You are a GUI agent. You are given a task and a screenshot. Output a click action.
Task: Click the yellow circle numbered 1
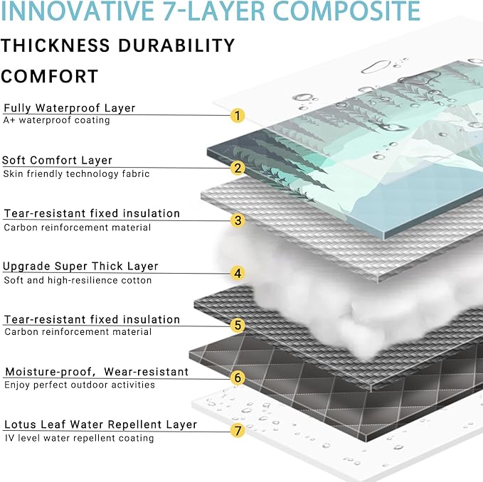pyautogui.click(x=238, y=115)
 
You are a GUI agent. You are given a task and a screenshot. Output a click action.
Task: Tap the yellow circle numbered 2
pyautogui.click(x=238, y=168)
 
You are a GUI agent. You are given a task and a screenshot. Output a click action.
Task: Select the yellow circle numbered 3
pyautogui.click(x=238, y=220)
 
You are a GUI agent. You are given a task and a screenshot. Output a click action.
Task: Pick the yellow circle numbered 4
pyautogui.click(x=238, y=273)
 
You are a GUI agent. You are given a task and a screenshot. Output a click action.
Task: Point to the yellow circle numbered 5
pyautogui.click(x=238, y=326)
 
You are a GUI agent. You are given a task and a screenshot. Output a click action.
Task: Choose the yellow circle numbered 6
pyautogui.click(x=238, y=377)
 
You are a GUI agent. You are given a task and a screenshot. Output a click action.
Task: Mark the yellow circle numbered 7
pyautogui.click(x=238, y=430)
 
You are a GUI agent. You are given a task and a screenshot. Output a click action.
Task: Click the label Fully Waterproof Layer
pyautogui.click(x=70, y=108)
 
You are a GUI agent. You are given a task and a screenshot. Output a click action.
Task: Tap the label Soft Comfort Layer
pyautogui.click(x=58, y=161)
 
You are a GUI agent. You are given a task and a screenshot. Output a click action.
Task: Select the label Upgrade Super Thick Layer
pyautogui.click(x=80, y=267)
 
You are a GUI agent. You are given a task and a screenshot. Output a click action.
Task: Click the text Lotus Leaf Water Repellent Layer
pyautogui.click(x=100, y=424)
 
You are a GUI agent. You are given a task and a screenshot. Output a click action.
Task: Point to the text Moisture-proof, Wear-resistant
pyautogui.click(x=97, y=372)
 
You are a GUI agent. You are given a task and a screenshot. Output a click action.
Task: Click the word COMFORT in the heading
pyautogui.click(x=50, y=76)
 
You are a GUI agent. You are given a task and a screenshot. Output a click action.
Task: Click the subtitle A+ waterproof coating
pyautogui.click(x=57, y=121)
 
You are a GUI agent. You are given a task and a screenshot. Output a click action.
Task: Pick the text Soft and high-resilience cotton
pyautogui.click(x=78, y=280)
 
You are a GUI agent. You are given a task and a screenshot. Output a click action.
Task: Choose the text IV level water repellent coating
pyautogui.click(x=79, y=438)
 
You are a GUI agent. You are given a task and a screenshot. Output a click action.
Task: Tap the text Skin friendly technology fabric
pyautogui.click(x=77, y=173)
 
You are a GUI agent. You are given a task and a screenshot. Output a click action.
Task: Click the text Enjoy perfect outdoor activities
pyautogui.click(x=79, y=385)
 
